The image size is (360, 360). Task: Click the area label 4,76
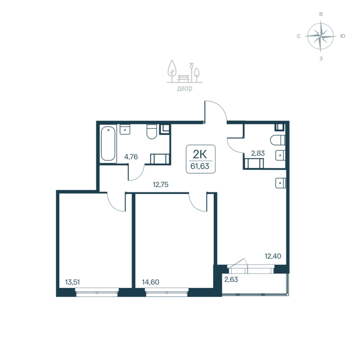pos(131,157)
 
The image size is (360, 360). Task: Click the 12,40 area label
pos(273,256)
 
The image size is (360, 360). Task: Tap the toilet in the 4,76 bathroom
pos(151,132)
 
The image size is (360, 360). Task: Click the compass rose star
pos(320,36)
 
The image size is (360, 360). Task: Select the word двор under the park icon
pos(184,89)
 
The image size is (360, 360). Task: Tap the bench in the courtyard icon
pos(184,78)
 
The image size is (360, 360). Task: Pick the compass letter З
pos(320,58)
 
